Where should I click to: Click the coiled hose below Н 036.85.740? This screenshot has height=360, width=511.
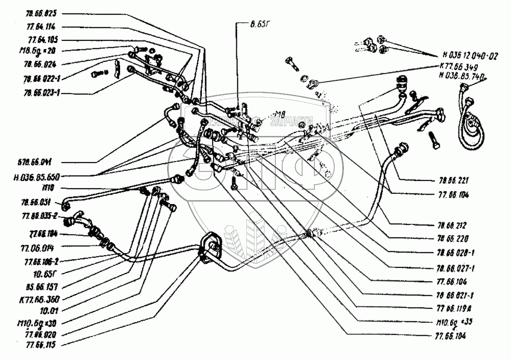click(x=470, y=118)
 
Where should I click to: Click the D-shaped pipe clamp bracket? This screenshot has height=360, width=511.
click(x=211, y=249)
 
